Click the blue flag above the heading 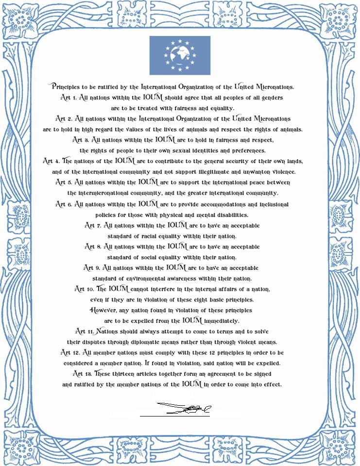180,55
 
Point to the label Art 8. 93,247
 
